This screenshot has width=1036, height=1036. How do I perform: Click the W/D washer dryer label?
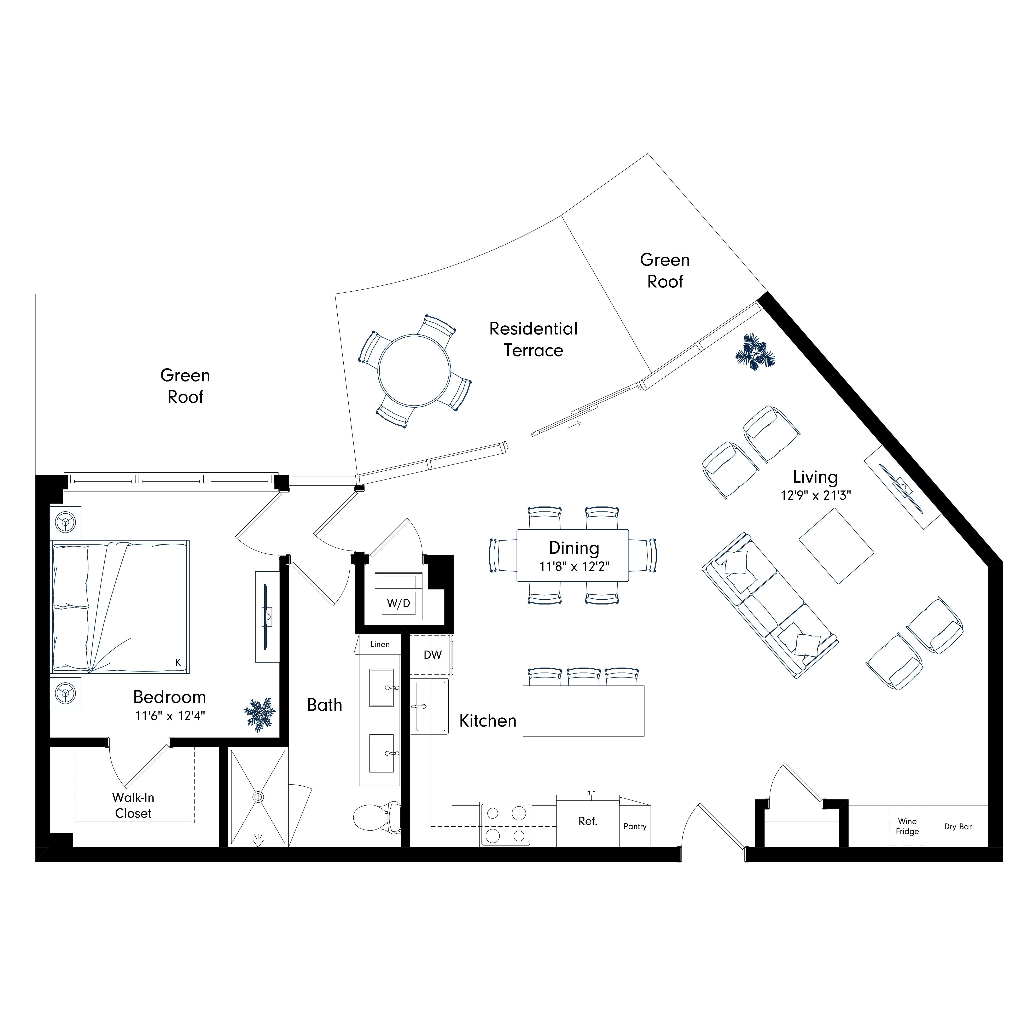click(x=398, y=603)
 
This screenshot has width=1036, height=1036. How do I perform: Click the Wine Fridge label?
click(x=907, y=826)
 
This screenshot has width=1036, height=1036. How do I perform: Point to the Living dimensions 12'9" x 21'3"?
click(x=816, y=495)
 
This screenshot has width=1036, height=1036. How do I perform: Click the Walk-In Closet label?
click(x=133, y=805)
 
